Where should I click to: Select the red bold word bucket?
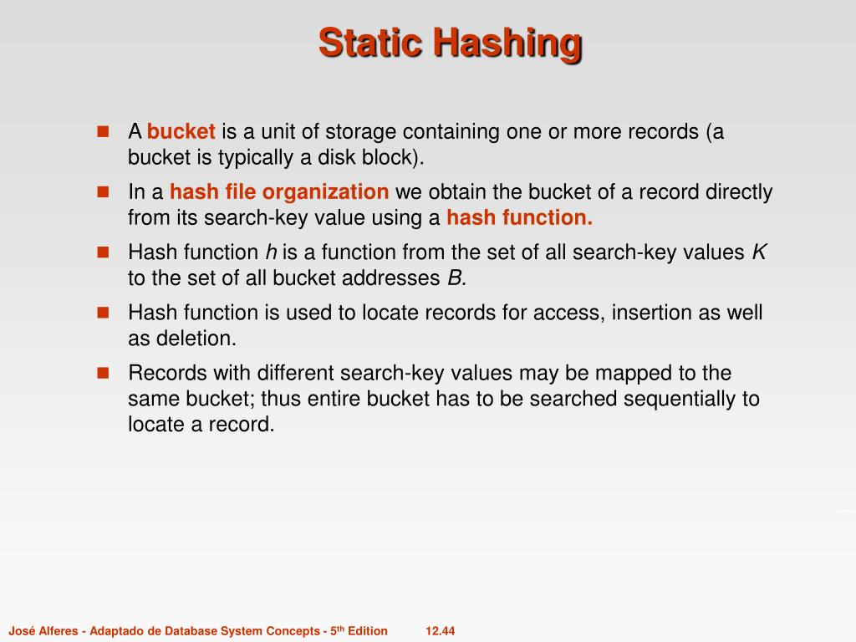[x=181, y=132]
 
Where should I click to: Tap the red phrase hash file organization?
[x=279, y=192]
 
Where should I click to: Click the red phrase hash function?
[x=519, y=218]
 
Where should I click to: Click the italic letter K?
[x=759, y=252]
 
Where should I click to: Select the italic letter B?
[x=456, y=278]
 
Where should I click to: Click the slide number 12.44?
[x=440, y=631]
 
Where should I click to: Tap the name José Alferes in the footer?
[x=42, y=631]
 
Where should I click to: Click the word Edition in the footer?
[x=368, y=631]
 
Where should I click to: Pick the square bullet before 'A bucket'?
[x=104, y=132]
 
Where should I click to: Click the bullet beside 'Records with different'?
[x=104, y=372]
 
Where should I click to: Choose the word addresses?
[x=396, y=278]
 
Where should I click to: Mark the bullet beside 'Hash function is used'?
[x=104, y=313]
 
